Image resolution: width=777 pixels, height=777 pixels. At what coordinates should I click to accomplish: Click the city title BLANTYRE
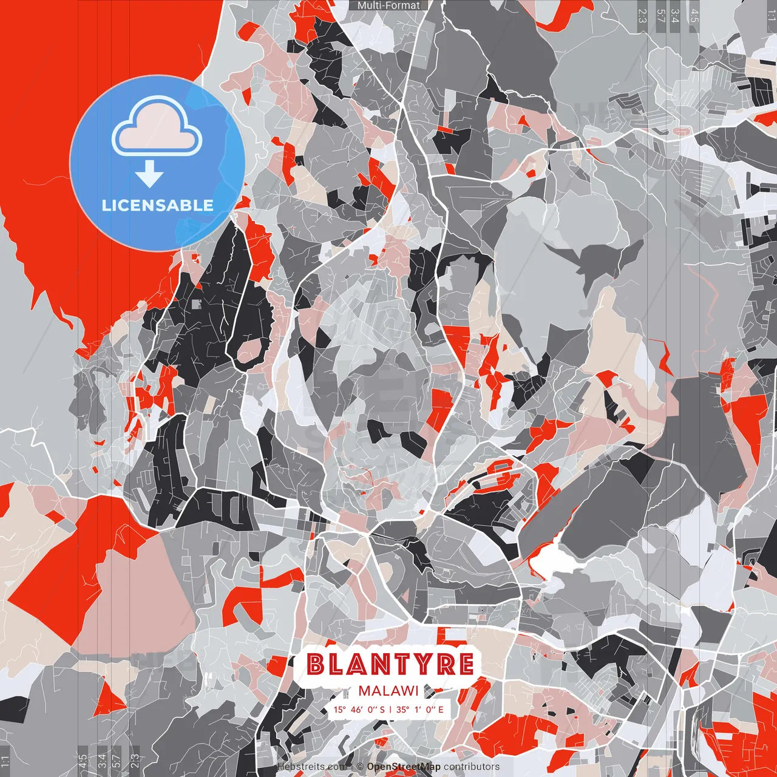pyautogui.click(x=390, y=664)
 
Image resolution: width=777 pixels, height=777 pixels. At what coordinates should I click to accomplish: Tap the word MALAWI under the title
pyautogui.click(x=388, y=691)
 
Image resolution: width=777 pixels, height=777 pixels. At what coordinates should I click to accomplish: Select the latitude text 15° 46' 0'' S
pyautogui.click(x=358, y=710)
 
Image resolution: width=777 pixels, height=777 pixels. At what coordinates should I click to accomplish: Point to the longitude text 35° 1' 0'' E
pyautogui.click(x=420, y=710)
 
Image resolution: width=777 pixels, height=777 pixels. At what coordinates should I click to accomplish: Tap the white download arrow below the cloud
pyautogui.click(x=149, y=175)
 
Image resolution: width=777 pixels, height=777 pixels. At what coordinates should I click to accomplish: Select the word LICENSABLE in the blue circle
pyautogui.click(x=157, y=205)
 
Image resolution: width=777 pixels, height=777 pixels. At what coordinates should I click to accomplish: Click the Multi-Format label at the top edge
pyautogui.click(x=388, y=5)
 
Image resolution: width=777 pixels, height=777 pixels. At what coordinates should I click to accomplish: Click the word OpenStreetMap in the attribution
pyautogui.click(x=403, y=767)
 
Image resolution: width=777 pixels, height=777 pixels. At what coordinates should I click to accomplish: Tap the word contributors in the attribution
pyautogui.click(x=472, y=767)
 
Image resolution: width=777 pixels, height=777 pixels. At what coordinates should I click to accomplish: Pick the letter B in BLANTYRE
pyautogui.click(x=316, y=664)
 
